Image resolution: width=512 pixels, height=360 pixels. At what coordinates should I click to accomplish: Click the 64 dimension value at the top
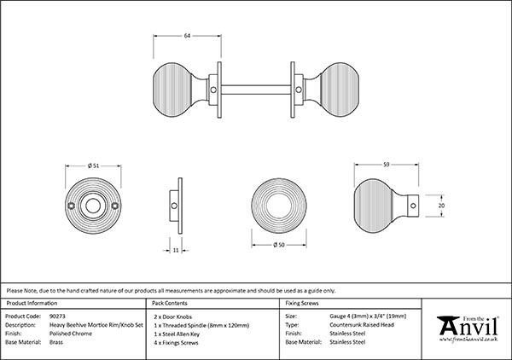[x=187, y=36]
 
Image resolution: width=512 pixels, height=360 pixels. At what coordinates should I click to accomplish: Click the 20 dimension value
[x=441, y=205]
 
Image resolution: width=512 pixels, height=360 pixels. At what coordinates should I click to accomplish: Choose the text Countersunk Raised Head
[x=363, y=324]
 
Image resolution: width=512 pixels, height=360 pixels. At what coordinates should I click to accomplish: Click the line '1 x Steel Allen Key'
[x=177, y=333]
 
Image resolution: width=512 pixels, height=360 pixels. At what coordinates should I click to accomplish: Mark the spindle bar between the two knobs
[x=256, y=85]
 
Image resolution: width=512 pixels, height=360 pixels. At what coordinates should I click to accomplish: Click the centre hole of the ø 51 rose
[x=92, y=205]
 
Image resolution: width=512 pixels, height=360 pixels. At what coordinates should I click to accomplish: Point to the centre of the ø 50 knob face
[x=277, y=206]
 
